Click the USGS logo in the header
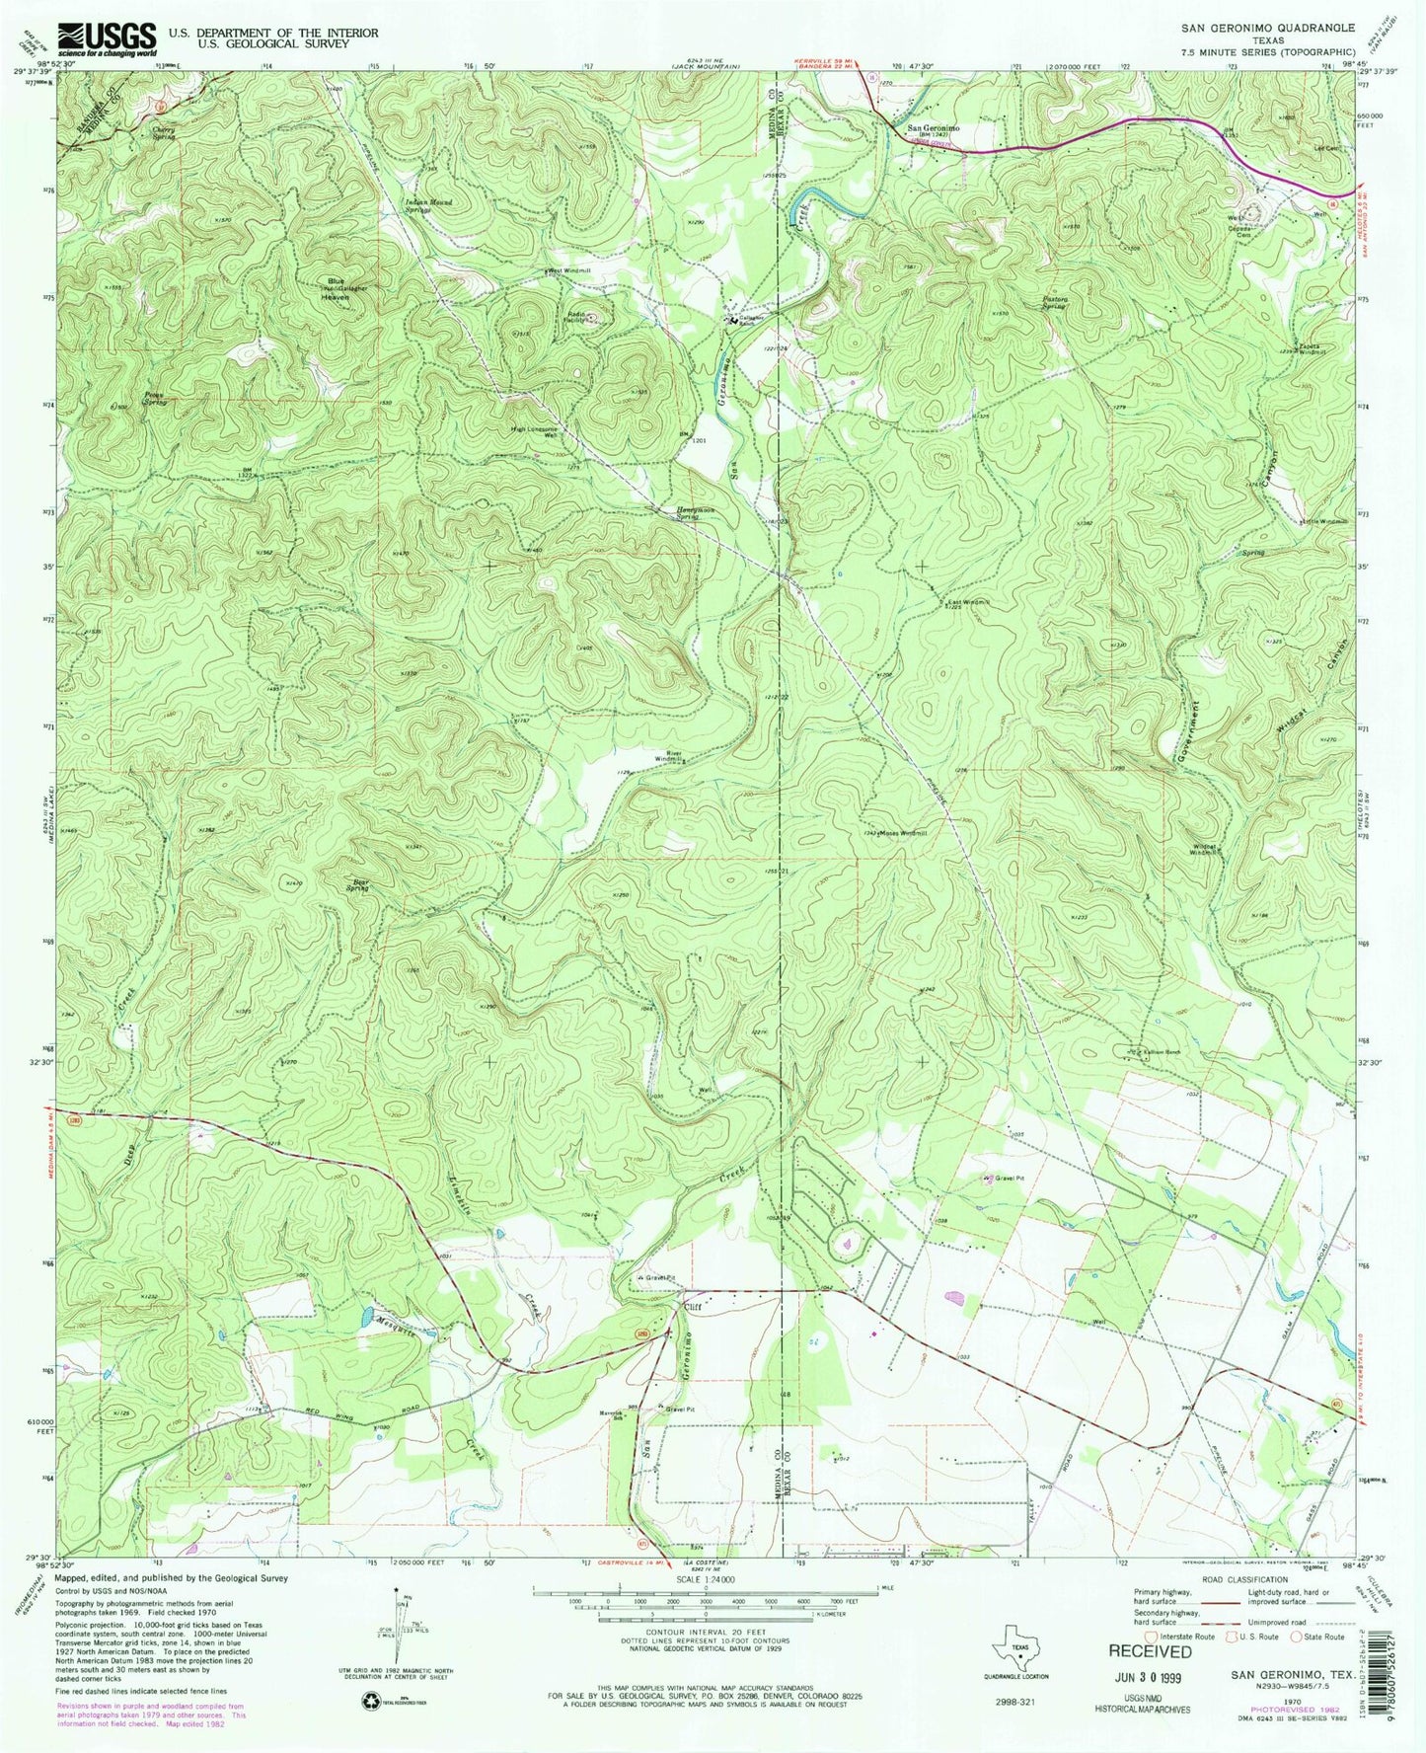click(107, 38)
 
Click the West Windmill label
click(569, 270)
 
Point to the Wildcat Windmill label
click(1215, 849)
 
